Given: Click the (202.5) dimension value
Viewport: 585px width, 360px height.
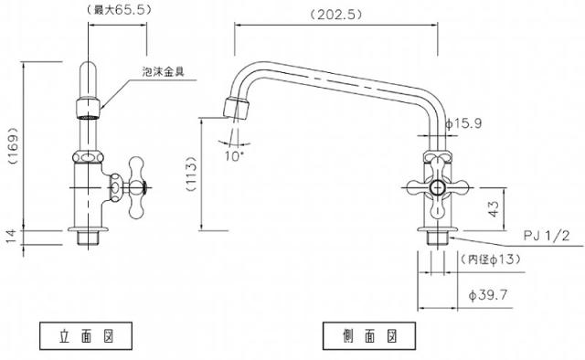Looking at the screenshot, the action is pos(336,15).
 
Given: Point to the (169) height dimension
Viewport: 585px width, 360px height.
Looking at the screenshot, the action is pos(14,146).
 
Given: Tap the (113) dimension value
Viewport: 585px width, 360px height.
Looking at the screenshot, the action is pos(191,174).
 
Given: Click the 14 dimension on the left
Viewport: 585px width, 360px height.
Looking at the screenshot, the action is pos(11,237).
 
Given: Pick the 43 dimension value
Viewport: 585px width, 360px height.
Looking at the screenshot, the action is pos(494,209).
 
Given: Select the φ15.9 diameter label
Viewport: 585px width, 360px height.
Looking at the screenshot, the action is pos(463,123).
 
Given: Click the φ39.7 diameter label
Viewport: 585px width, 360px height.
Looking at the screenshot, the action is pos(488,295).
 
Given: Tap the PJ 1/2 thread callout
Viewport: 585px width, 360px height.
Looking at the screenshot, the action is pos(547,236).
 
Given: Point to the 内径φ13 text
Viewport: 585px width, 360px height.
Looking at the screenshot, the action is pos(490,259).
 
